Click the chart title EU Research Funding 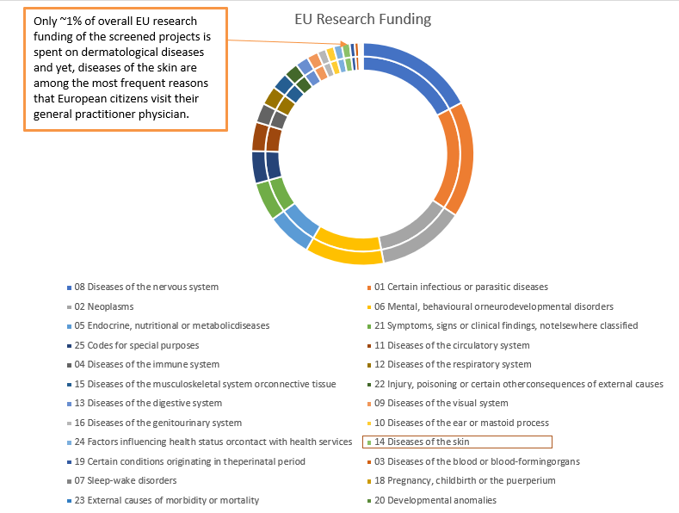coord(362,19)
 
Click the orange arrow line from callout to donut coord(284,40)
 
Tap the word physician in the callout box coord(159,114)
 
